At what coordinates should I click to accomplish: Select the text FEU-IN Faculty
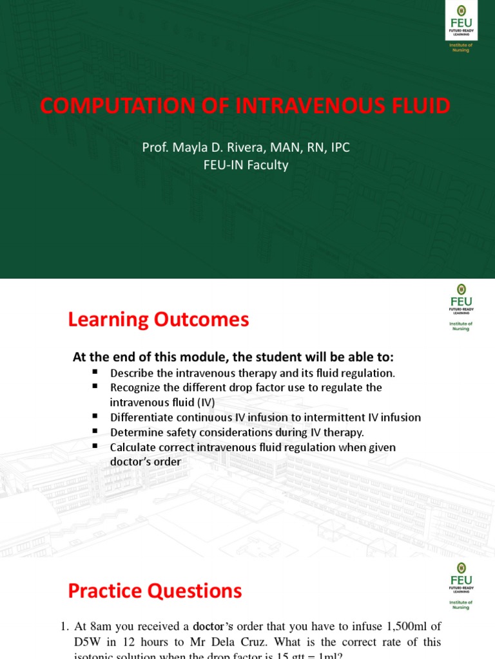click(x=246, y=165)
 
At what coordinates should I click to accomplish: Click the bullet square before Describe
click(x=95, y=373)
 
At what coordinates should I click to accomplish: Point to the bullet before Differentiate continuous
click(x=95, y=417)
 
